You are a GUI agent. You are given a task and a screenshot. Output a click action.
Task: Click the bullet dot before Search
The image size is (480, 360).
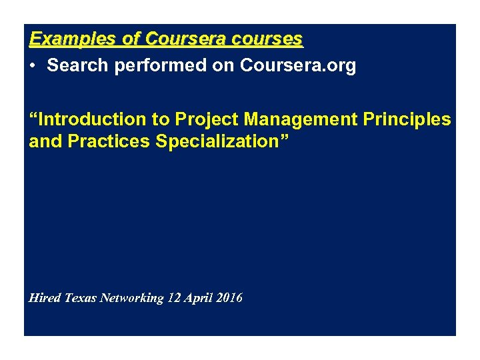33,67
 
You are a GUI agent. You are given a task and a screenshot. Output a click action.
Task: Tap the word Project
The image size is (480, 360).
206,119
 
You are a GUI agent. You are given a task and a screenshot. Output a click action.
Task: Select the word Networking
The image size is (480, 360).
131,298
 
